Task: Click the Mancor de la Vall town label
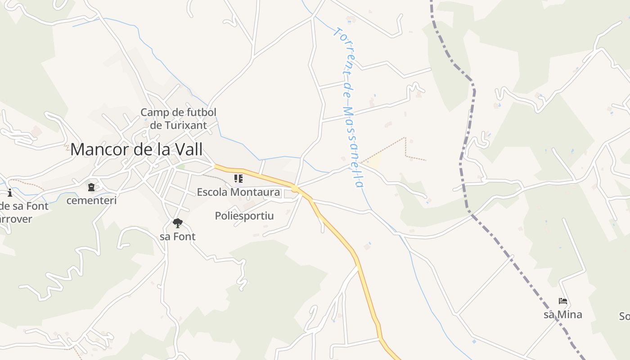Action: (x=136, y=149)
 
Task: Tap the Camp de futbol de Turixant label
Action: (x=179, y=118)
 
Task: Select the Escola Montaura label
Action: (x=238, y=193)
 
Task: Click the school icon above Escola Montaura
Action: (x=238, y=179)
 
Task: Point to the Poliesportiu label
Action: (x=244, y=216)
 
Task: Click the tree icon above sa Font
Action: (x=178, y=223)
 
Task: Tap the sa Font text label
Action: (x=178, y=237)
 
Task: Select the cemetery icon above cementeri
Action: (x=91, y=187)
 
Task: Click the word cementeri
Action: (x=91, y=200)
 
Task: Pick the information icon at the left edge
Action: (x=10, y=193)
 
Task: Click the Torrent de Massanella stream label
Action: (x=349, y=108)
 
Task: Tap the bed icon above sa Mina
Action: (x=562, y=301)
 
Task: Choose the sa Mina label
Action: (x=562, y=315)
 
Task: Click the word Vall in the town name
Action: (x=188, y=149)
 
